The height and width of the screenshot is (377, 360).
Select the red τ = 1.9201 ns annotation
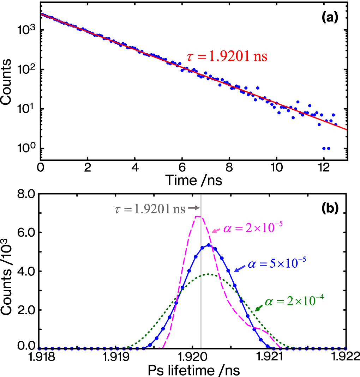227,56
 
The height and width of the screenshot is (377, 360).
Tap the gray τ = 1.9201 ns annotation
150,209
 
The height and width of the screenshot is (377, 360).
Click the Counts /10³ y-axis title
10,270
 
